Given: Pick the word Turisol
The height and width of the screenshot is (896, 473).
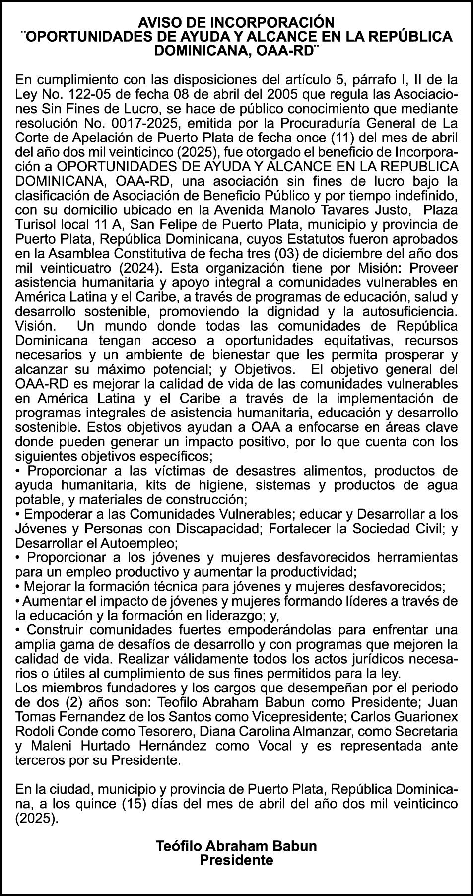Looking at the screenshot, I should [38, 224].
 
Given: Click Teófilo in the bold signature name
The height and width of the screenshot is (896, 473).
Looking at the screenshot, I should [179, 846].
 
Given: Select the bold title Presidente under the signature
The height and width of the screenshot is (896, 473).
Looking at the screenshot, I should [236, 861].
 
